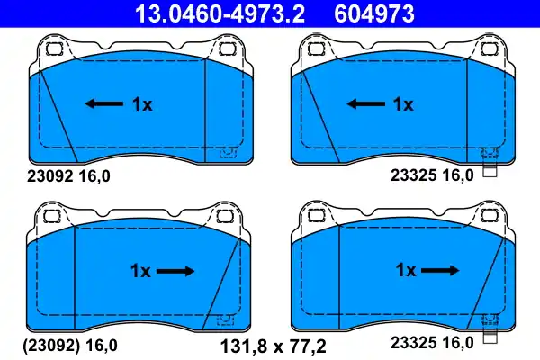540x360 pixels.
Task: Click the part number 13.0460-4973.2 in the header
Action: click(x=220, y=13)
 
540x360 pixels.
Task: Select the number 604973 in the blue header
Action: click(x=374, y=13)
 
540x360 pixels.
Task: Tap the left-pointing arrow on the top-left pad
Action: click(x=104, y=103)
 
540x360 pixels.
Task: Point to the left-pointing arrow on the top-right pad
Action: click(x=365, y=103)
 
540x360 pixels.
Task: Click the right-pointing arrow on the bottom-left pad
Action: click(x=175, y=271)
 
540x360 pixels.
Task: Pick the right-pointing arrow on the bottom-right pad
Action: click(x=440, y=270)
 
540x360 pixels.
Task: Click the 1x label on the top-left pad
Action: click(x=142, y=104)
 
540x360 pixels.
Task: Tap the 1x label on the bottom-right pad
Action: click(x=406, y=270)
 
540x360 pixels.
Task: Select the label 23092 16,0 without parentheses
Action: click(x=68, y=176)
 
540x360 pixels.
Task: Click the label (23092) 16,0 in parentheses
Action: click(x=70, y=346)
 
